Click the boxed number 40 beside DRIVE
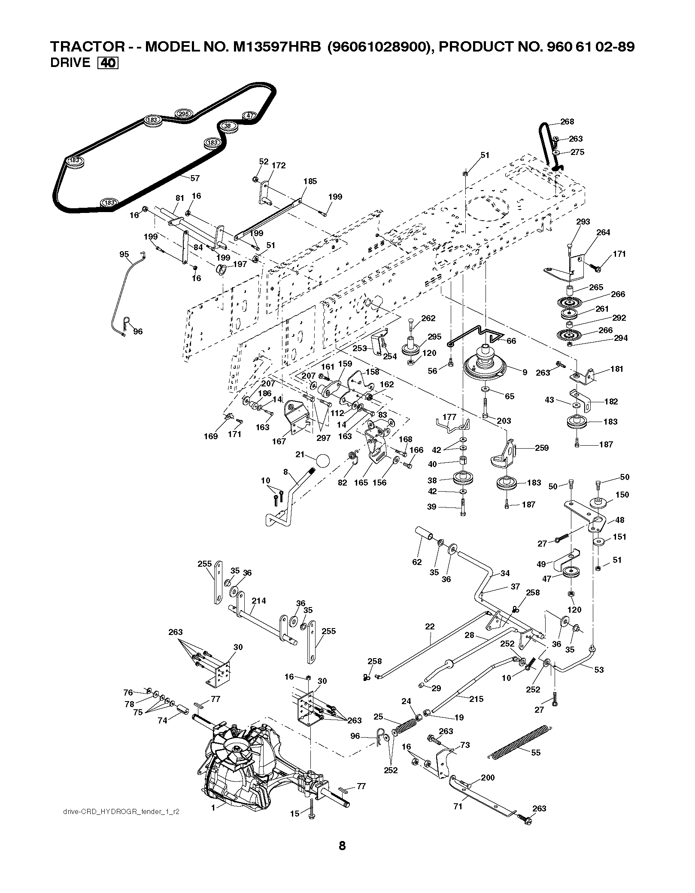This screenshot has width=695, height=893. (108, 63)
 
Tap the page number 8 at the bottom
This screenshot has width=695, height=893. (342, 858)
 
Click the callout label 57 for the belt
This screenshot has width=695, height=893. (194, 178)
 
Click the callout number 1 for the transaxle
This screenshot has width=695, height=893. (213, 807)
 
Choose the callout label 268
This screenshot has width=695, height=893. (567, 122)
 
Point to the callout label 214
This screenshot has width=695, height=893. (259, 601)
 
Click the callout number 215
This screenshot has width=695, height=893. (476, 699)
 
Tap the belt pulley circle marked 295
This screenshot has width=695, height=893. (183, 114)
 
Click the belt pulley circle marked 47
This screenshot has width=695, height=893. (249, 115)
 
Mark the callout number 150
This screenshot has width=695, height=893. (622, 495)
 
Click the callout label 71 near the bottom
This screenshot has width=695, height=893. (458, 806)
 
